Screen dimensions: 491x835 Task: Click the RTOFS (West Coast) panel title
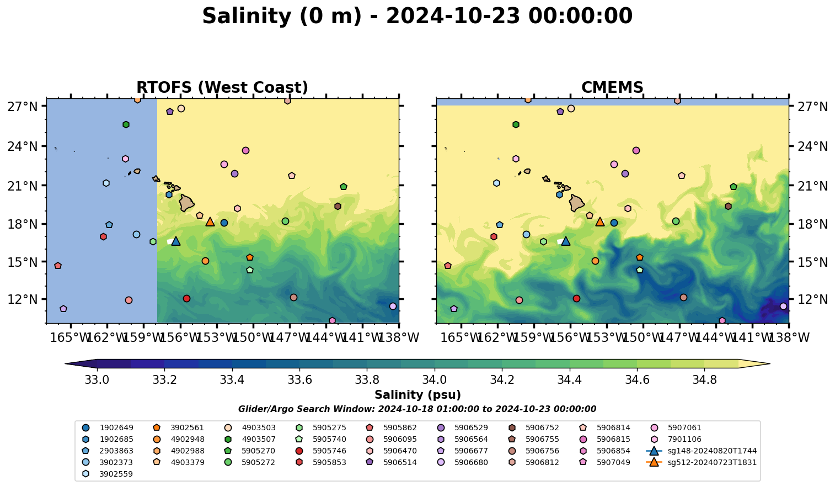(222, 88)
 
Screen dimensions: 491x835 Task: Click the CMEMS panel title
(612, 88)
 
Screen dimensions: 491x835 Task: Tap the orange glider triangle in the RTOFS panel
(210, 222)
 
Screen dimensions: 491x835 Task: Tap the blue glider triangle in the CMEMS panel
(565, 241)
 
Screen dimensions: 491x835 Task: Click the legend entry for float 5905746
(329, 451)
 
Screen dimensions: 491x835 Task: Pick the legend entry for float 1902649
(116, 427)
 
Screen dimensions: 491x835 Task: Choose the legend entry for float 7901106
(684, 439)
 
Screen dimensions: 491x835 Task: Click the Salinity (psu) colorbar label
(417, 395)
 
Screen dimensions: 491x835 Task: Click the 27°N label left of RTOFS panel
(22, 106)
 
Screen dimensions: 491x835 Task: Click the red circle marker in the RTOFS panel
(186, 299)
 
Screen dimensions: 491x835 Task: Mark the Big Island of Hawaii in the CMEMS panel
(577, 203)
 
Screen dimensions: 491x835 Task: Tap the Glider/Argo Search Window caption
(417, 409)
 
